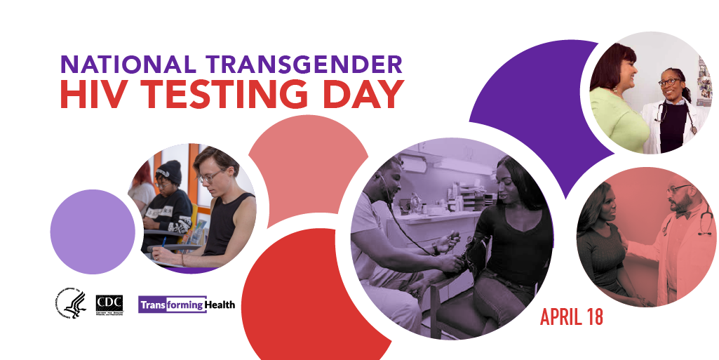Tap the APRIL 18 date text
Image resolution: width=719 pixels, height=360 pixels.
(x=571, y=317)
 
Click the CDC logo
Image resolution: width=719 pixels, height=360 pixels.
(x=109, y=303)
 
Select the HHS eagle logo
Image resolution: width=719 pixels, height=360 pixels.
(x=70, y=303)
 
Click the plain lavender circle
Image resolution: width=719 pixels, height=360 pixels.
(x=93, y=232)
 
